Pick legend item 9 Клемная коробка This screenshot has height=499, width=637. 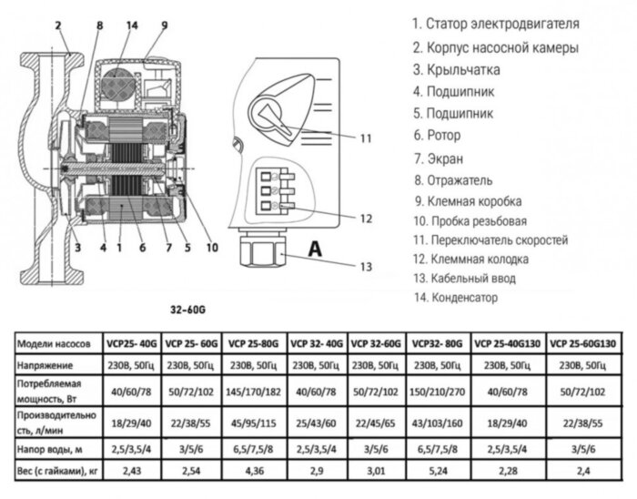click(x=465, y=202)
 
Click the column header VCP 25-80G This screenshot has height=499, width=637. click(x=256, y=343)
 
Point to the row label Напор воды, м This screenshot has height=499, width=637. click(x=54, y=449)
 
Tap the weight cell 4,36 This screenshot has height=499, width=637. click(x=256, y=471)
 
